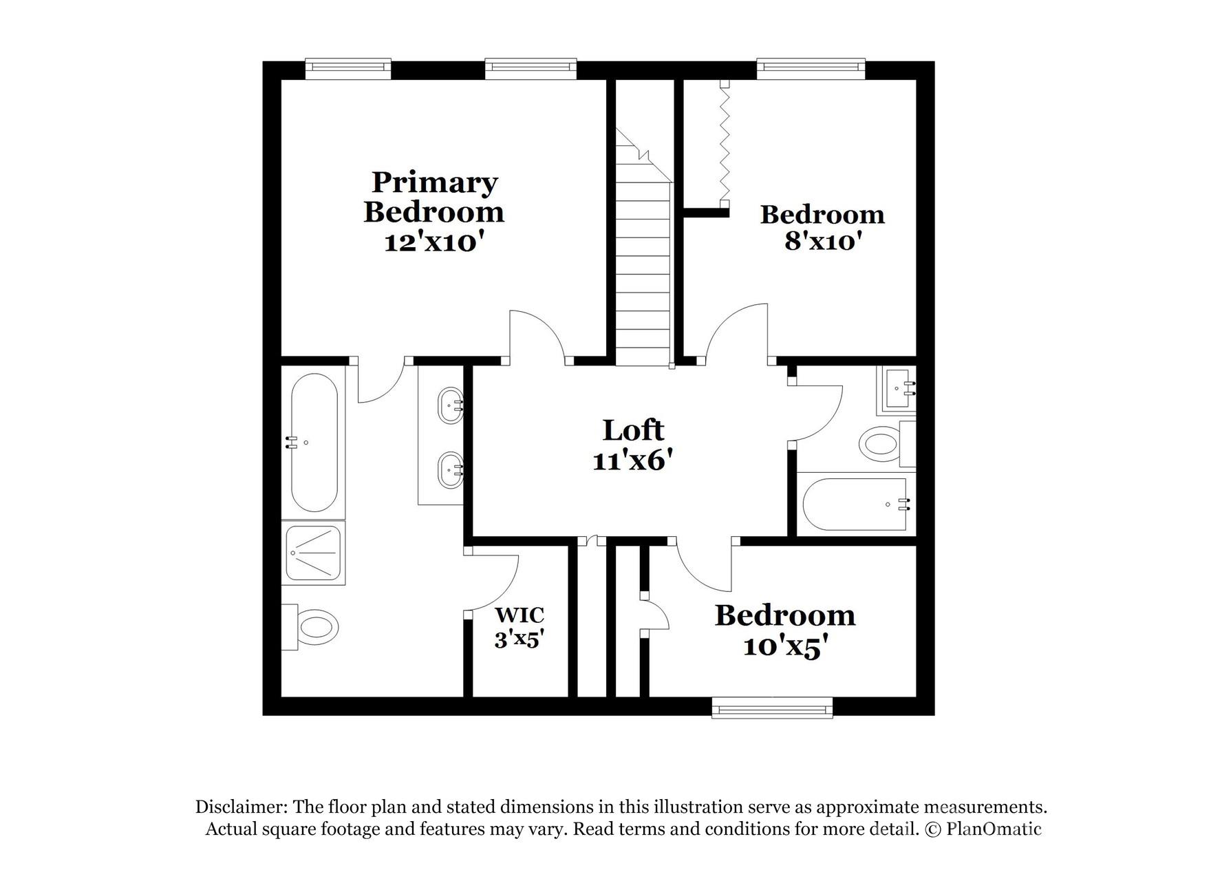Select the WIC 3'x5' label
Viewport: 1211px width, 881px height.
(519, 626)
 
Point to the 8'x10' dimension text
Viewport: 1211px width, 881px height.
(823, 242)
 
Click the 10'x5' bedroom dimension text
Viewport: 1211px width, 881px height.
(784, 647)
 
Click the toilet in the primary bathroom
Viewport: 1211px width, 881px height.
(315, 627)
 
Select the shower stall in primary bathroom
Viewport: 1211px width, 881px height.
(314, 554)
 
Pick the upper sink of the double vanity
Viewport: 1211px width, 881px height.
(451, 405)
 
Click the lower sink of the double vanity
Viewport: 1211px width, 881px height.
(451, 470)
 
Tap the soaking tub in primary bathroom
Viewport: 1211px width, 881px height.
(314, 443)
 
